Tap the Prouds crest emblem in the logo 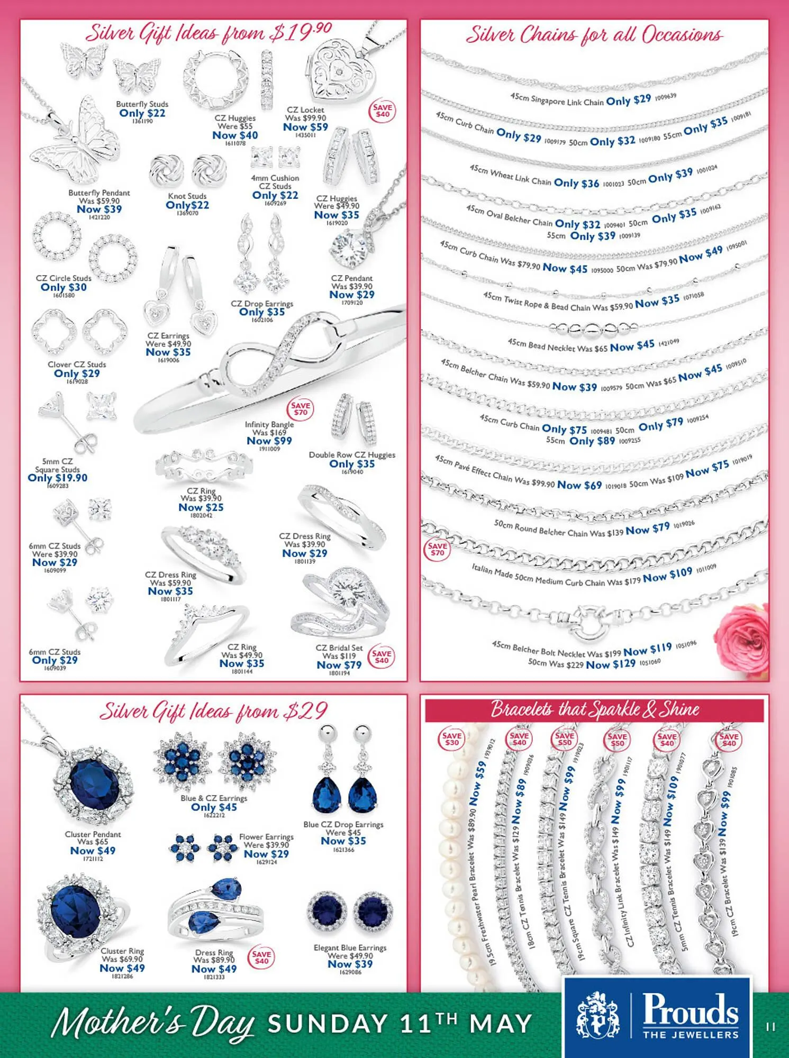click(x=597, y=1015)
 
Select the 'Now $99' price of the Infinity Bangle click(x=269, y=441)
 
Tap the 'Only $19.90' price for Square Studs click(x=58, y=478)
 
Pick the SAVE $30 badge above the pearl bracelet click(x=451, y=739)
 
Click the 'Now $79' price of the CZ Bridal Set click(x=339, y=665)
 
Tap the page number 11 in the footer click(x=770, y=1027)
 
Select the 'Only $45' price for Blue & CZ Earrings click(x=214, y=807)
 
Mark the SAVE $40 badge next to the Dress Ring click(x=261, y=957)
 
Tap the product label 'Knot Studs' click(x=187, y=196)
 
